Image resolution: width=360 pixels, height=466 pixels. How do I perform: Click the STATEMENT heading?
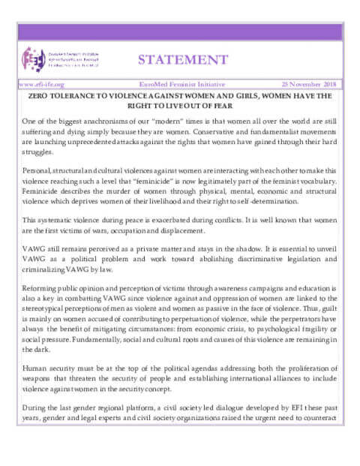(x=183, y=59)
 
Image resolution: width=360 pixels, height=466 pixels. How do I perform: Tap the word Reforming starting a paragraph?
(x=41, y=287)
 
